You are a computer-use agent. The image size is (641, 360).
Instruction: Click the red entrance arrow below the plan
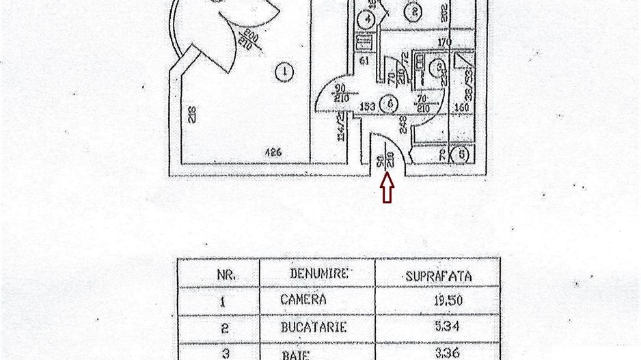point(387,188)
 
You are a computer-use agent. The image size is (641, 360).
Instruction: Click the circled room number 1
point(284,70)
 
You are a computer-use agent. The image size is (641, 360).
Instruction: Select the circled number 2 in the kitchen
point(412,11)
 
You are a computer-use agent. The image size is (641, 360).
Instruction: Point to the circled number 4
point(367,19)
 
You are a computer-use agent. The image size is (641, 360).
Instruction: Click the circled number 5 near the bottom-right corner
point(463,154)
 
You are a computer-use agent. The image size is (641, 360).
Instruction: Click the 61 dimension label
point(364,61)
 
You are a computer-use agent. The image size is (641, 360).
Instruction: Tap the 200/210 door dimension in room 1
point(245,42)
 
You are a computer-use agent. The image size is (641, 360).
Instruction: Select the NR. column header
point(226,275)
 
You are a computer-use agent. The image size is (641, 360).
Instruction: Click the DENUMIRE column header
point(318,273)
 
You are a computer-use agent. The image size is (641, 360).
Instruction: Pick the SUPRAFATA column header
point(438,276)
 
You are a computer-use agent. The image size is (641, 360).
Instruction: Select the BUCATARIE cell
point(314,327)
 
